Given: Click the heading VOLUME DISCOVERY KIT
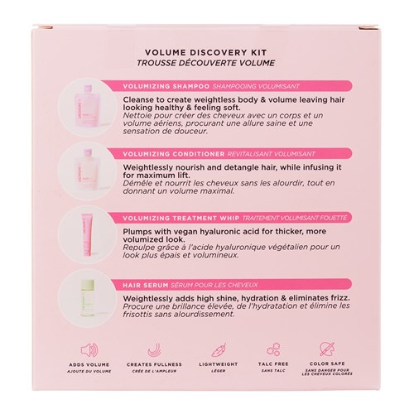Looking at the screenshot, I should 206,49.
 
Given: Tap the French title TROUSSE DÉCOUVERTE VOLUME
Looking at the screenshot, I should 206,60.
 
